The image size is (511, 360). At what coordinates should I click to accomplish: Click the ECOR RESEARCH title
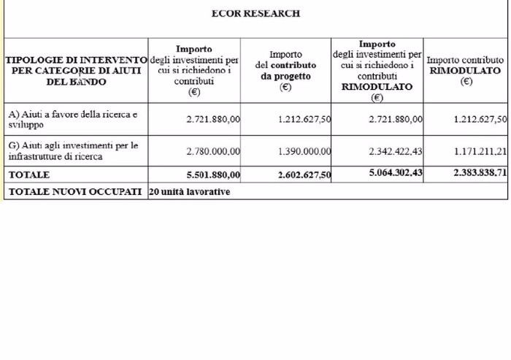pyautogui.click(x=255, y=14)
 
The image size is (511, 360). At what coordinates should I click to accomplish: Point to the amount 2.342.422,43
pyautogui.click(x=396, y=152)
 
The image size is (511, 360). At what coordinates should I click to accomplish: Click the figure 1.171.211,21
pyautogui.click(x=480, y=152)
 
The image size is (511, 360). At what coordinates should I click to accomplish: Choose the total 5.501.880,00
pyautogui.click(x=213, y=175)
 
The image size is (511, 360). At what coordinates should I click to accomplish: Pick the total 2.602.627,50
pyautogui.click(x=304, y=175)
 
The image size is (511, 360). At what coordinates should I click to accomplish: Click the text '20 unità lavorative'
pyautogui.click(x=189, y=192)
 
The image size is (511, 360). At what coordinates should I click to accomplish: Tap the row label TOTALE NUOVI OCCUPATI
pyautogui.click(x=74, y=192)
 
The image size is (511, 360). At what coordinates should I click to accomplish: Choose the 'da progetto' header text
pyautogui.click(x=285, y=76)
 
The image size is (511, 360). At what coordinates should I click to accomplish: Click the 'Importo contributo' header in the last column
pyautogui.click(x=465, y=60)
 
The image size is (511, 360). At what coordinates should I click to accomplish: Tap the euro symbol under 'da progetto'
pyautogui.click(x=285, y=87)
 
